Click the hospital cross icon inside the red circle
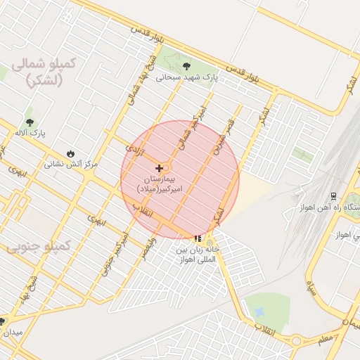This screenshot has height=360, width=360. (160, 168)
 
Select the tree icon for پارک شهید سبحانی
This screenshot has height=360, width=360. (186, 66)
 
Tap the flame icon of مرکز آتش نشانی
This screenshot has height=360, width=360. (70, 153)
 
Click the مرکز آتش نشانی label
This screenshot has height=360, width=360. (70, 165)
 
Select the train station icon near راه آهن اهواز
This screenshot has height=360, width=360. (333, 196)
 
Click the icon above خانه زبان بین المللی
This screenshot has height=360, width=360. (198, 238)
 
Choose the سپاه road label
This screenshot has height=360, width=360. (309, 288)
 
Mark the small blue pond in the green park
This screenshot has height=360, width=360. (259, 311)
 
